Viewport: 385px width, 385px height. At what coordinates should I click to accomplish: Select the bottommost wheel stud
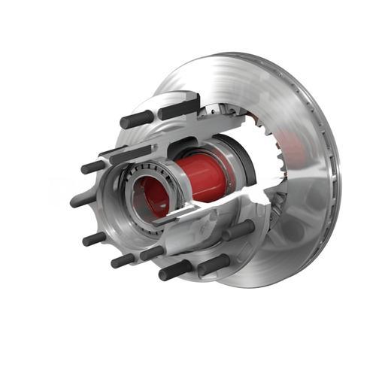pos(174,271)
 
